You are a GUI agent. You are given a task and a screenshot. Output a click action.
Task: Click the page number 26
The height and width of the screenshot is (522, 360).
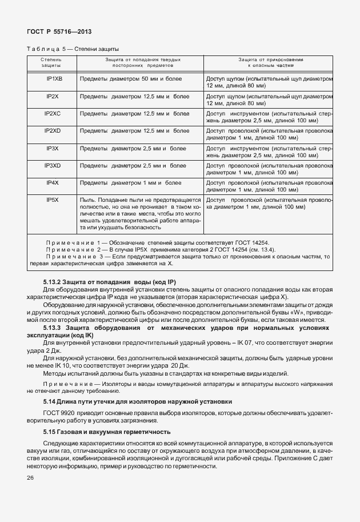(x=31, y=478)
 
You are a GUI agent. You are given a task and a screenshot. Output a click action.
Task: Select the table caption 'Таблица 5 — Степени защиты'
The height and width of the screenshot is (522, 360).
(x=73, y=49)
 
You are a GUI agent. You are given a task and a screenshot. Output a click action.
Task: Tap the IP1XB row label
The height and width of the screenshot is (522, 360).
(x=54, y=79)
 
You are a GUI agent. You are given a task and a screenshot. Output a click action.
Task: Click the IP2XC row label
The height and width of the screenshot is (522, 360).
(x=53, y=114)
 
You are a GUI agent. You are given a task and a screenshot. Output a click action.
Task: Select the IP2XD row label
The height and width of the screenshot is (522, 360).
(x=53, y=131)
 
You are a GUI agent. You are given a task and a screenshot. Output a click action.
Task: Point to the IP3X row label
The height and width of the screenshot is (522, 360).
(x=53, y=148)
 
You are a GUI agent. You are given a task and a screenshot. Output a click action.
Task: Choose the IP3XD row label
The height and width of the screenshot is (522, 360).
(x=53, y=165)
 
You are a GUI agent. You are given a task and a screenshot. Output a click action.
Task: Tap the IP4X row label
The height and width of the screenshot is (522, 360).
(x=53, y=182)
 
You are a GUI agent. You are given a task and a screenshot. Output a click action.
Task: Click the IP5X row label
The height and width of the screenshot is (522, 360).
(x=53, y=200)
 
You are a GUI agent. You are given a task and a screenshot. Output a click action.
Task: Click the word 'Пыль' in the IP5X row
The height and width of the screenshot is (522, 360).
(x=86, y=200)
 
